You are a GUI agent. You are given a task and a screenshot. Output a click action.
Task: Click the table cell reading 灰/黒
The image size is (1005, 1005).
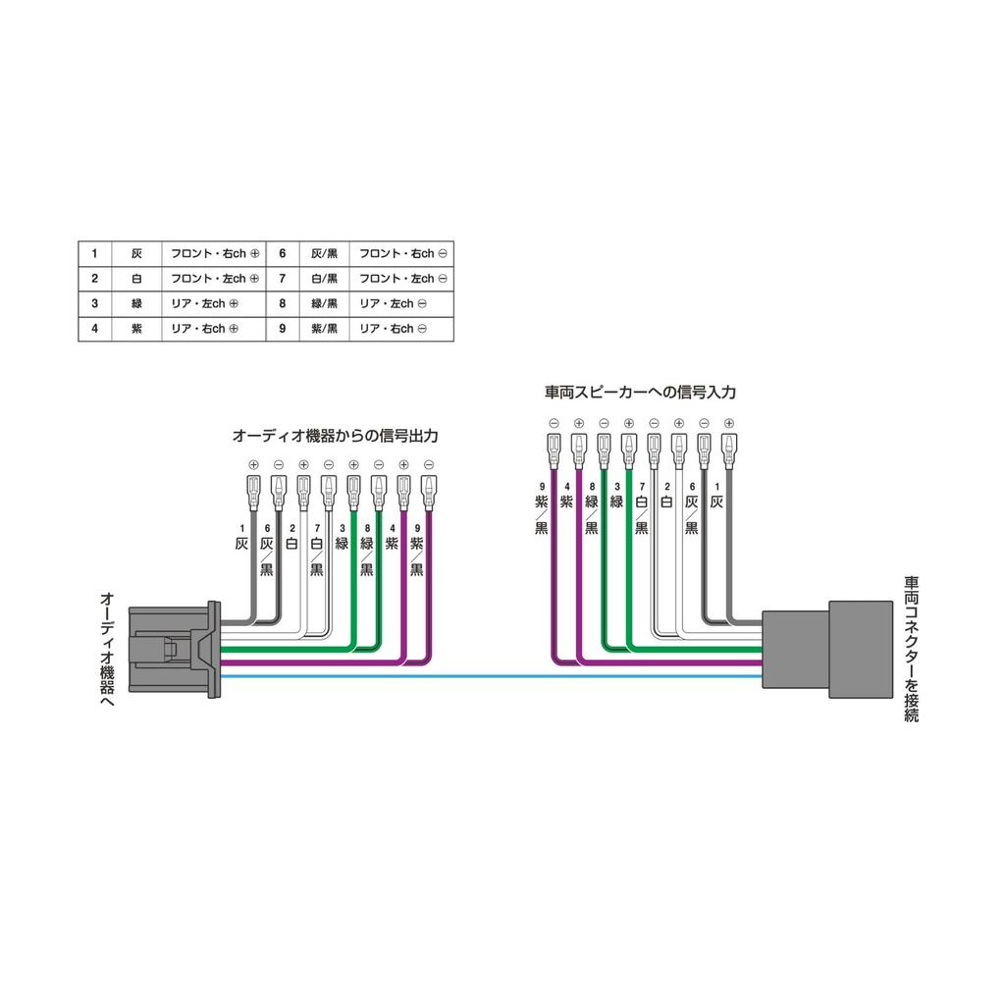pos(324,254)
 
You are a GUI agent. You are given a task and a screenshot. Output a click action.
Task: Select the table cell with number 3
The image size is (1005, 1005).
pos(95,304)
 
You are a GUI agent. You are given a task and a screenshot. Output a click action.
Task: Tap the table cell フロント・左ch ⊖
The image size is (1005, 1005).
pos(401,279)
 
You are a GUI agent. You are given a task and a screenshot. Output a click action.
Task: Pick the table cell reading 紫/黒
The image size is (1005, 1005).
pos(324,329)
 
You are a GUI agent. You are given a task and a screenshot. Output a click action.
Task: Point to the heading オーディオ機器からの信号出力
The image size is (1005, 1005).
pos(336,437)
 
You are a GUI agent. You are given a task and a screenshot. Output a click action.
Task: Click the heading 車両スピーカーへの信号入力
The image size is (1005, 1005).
pos(640,393)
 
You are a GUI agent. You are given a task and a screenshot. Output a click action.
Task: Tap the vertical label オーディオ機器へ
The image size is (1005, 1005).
pos(107,650)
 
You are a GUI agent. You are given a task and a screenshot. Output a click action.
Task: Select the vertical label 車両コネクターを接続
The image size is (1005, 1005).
pos(912,650)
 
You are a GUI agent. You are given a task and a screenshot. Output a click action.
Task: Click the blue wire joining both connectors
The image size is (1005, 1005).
pos(491,676)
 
